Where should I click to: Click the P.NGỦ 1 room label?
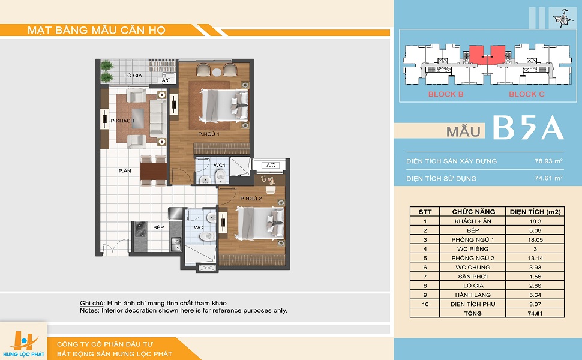click(209, 134)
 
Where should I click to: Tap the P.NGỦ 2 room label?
click(251, 199)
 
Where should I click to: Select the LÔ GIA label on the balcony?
click(133, 76)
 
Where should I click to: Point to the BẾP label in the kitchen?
click(158, 227)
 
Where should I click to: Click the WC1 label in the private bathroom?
click(220, 165)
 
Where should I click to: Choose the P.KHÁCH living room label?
click(122, 121)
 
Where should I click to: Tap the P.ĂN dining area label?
click(125, 171)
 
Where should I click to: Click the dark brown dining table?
click(153, 171)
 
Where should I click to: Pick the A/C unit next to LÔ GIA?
click(166, 80)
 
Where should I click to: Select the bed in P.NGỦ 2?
click(260, 223)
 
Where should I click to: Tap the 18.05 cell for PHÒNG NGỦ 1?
click(535, 240)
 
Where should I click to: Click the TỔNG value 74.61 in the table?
click(535, 313)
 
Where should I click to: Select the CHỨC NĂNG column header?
click(473, 212)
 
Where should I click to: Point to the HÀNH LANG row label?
click(473, 295)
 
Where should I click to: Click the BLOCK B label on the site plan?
click(446, 94)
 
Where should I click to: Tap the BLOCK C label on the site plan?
click(527, 94)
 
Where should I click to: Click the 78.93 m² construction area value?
click(548, 161)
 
